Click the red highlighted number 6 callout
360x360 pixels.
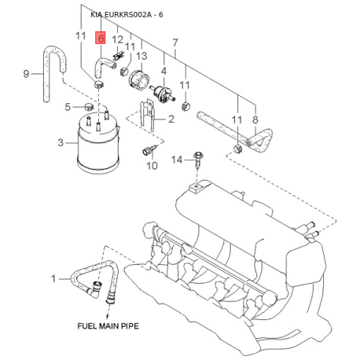click(x=101, y=39)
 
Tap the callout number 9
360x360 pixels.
click(x=26, y=74)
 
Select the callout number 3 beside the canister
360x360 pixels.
click(x=61, y=143)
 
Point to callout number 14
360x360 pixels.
click(x=177, y=160)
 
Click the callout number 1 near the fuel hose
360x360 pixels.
click(x=53, y=278)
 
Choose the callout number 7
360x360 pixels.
click(x=175, y=43)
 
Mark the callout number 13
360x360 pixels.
click(x=141, y=56)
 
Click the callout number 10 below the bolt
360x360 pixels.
click(x=152, y=166)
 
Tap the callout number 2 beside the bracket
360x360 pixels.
click(x=171, y=119)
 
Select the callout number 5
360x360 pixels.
click(x=68, y=107)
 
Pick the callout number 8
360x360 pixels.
click(x=255, y=119)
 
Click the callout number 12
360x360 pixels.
click(x=117, y=40)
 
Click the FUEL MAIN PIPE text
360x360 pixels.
click(x=108, y=326)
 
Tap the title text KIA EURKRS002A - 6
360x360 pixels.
click(x=127, y=15)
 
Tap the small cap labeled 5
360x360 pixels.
click(x=90, y=107)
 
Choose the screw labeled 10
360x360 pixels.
click(x=149, y=150)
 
